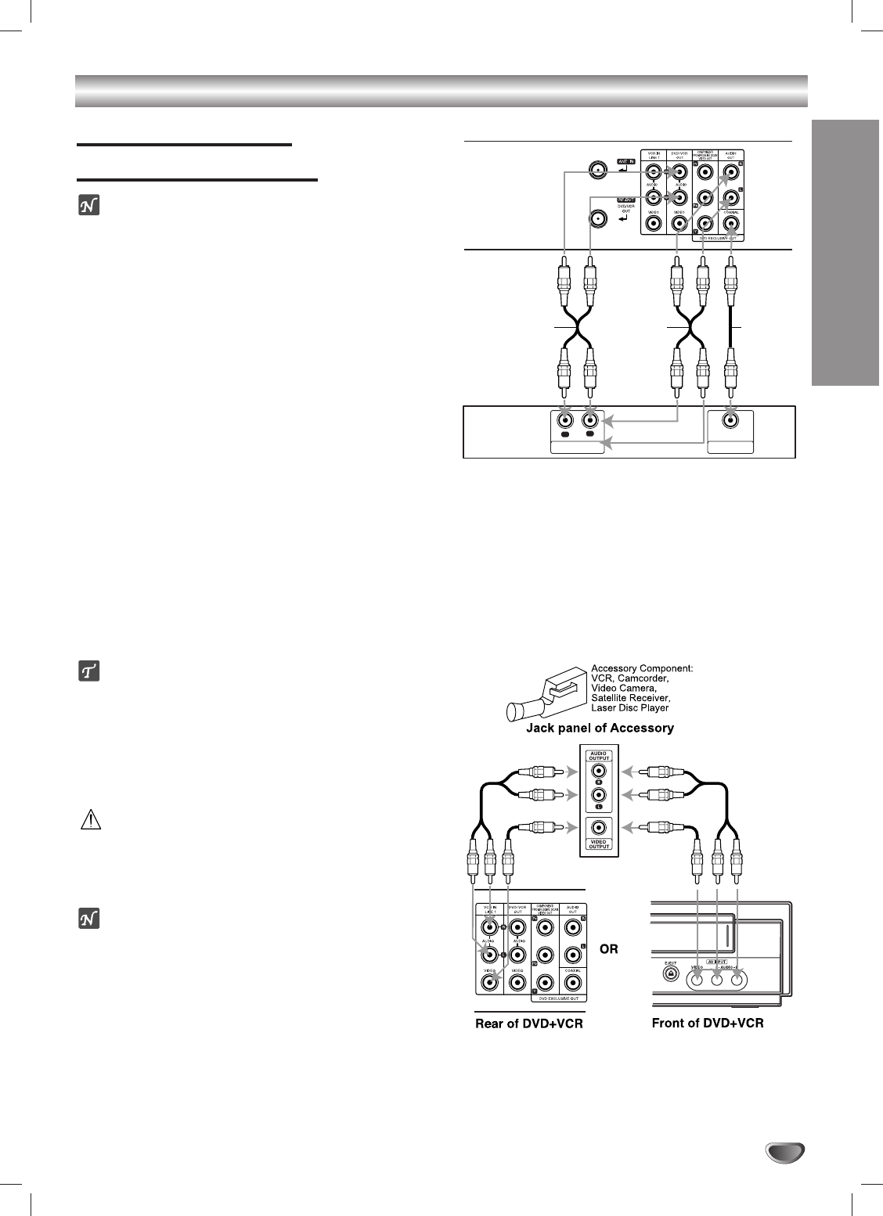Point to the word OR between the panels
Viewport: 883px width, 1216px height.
(x=608, y=949)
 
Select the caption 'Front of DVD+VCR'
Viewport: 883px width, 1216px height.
(x=708, y=1024)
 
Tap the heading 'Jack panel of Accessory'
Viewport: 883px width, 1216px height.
(x=598, y=729)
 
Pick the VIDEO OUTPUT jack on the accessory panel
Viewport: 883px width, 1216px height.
(x=599, y=827)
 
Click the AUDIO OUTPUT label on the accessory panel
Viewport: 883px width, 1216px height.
(x=599, y=756)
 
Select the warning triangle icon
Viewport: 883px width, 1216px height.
(x=90, y=819)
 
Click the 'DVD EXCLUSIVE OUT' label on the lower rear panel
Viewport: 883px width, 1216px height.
(x=560, y=998)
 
